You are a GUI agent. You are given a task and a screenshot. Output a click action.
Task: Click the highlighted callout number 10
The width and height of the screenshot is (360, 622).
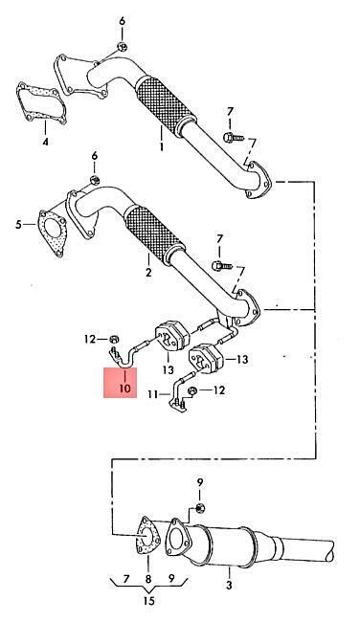click(124, 388)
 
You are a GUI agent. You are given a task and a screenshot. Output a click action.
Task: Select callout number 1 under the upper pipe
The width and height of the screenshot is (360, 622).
click(162, 147)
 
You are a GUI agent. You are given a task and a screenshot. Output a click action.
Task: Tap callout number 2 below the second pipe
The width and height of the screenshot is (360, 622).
click(148, 272)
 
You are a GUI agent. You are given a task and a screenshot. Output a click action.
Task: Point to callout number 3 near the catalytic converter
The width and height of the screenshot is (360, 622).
click(230, 584)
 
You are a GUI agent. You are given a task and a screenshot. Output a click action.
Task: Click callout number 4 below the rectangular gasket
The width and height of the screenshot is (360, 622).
click(45, 142)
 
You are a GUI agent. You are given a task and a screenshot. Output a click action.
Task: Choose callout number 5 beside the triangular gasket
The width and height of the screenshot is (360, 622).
click(18, 225)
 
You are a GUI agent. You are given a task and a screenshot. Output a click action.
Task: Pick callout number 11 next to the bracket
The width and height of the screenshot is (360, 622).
click(153, 394)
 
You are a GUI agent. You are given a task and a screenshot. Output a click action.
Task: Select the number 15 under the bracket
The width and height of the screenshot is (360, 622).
click(148, 601)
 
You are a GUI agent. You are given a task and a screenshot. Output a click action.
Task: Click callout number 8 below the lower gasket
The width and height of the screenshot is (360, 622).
click(148, 579)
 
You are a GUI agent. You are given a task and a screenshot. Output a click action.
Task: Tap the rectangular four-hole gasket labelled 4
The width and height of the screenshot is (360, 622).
click(41, 104)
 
